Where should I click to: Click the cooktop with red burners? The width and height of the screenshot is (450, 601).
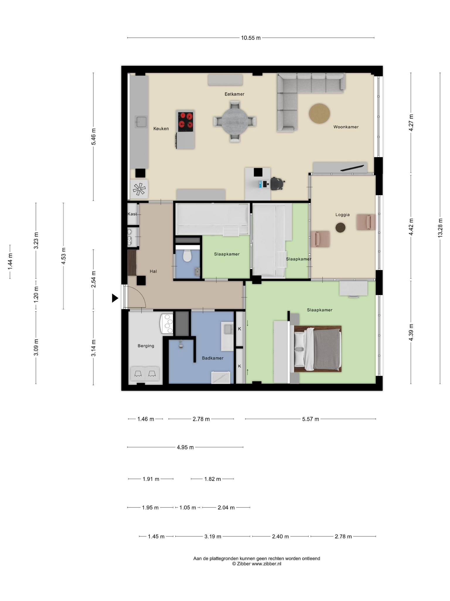(x=186, y=122)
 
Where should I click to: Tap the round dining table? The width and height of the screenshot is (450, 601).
(x=235, y=121)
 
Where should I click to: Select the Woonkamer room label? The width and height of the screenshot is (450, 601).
(x=346, y=127)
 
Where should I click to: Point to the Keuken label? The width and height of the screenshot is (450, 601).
(x=161, y=129)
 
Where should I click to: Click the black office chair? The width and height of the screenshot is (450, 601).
(x=277, y=184)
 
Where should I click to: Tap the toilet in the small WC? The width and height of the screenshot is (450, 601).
(x=187, y=256)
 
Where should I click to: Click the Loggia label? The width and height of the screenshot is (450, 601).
(x=342, y=215)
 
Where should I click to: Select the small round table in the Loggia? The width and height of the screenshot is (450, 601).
(x=340, y=227)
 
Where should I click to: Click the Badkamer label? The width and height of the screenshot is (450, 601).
(x=213, y=358)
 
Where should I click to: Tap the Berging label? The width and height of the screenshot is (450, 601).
(x=146, y=346)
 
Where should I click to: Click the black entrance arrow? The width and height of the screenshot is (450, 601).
(x=115, y=298)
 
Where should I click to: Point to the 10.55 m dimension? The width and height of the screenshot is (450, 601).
(x=251, y=38)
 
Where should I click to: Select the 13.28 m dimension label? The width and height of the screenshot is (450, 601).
(x=440, y=228)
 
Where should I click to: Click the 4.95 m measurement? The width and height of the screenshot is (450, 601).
(x=185, y=448)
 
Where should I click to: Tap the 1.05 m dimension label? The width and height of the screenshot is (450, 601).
(x=187, y=507)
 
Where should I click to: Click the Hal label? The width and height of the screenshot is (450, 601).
(x=153, y=271)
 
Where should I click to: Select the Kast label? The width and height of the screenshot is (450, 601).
(x=132, y=214)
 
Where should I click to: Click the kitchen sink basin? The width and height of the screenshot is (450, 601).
(x=141, y=122)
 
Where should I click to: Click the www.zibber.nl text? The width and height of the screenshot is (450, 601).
(x=266, y=564)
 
